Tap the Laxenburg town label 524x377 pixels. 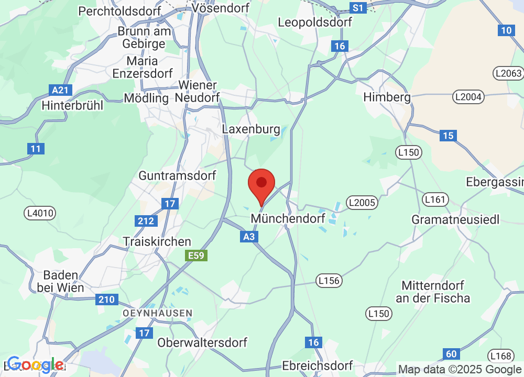(x=251, y=129)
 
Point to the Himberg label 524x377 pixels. (x=387, y=97)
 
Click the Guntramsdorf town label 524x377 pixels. (x=177, y=175)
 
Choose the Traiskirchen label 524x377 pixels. (x=157, y=241)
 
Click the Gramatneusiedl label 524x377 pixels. (x=456, y=219)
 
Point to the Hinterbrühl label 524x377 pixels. (x=72, y=105)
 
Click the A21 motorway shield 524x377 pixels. (x=61, y=90)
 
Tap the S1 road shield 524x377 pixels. (x=358, y=8)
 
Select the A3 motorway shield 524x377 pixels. (x=250, y=237)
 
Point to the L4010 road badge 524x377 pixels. (x=40, y=213)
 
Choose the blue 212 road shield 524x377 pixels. (x=146, y=221)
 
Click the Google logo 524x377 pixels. (x=36, y=364)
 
